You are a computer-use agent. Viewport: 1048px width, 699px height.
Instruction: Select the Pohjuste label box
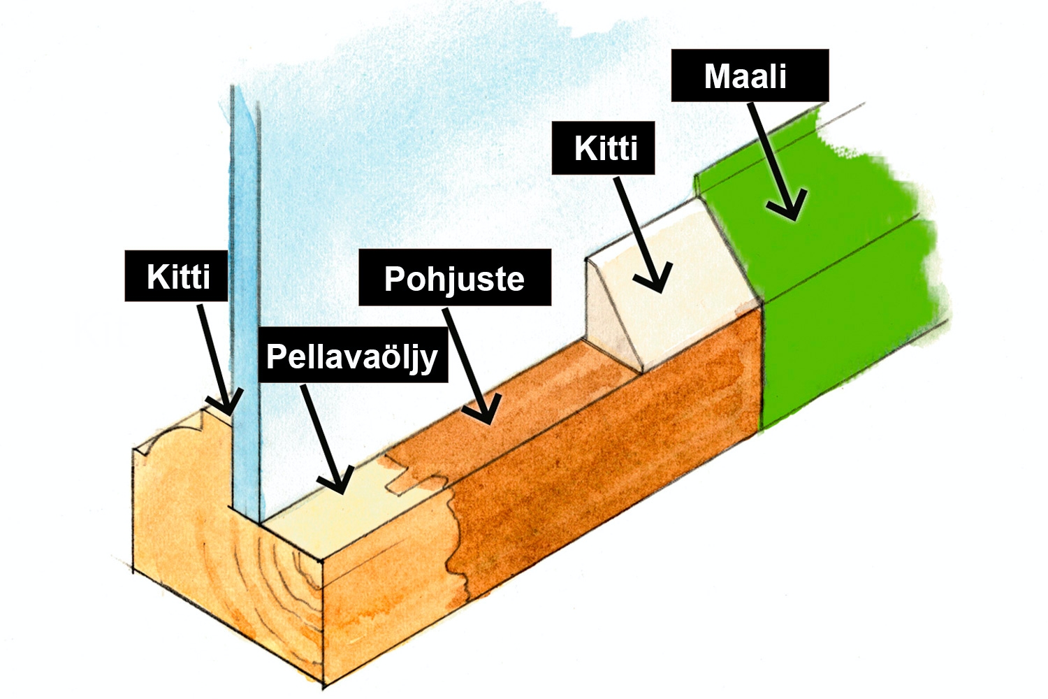click(454, 278)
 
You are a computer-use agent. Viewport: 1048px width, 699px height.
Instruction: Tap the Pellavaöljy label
click(352, 356)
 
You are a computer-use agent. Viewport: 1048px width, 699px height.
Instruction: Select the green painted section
click(838, 294)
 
